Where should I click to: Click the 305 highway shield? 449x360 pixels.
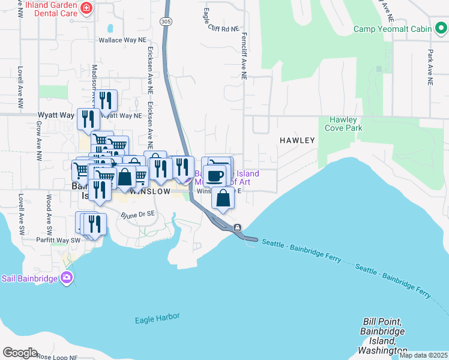[165, 21]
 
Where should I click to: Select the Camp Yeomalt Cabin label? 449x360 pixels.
[396, 29]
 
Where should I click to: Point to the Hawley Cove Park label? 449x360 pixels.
[341, 124]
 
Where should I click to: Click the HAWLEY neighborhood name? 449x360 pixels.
[297, 140]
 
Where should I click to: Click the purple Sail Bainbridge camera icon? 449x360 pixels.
[67, 278]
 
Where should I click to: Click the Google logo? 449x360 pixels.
[20, 353]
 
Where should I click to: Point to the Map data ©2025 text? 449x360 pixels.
[423, 355]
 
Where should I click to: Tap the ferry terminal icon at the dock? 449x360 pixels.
[238, 227]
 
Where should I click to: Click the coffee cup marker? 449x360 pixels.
[215, 176]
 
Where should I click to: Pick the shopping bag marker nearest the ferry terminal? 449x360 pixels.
[223, 199]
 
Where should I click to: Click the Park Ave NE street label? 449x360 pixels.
[430, 66]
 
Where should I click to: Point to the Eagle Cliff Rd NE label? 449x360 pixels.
[221, 28]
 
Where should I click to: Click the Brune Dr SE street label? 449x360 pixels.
[138, 214]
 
